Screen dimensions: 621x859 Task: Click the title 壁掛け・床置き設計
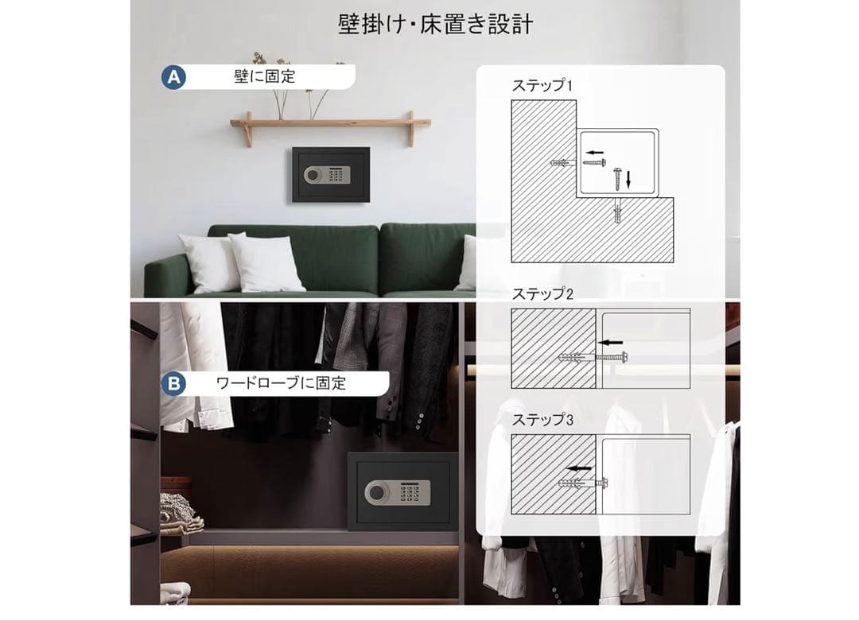[x=435, y=25]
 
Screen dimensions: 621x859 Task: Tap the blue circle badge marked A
[x=173, y=76]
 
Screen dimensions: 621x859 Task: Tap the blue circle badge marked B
[x=173, y=383]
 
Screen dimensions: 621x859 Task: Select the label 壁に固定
[x=264, y=76]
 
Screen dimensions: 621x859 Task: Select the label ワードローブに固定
[x=281, y=383]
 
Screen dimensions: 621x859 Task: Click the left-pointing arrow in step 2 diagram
[x=608, y=343]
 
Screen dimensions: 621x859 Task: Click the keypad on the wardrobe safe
[x=410, y=493]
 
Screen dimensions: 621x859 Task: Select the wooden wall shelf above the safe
[x=330, y=123]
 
